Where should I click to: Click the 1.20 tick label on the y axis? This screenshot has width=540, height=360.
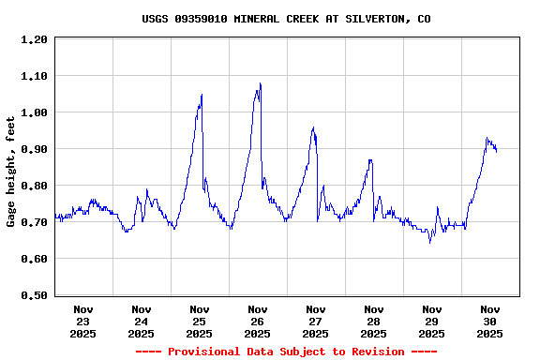34,40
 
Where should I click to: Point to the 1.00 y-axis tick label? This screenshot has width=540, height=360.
34,113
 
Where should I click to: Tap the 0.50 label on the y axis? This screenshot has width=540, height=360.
34,296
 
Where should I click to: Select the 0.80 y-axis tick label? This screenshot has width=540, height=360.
34,187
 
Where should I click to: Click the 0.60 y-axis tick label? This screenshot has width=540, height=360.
34,260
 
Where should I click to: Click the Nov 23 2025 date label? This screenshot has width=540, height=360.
83,321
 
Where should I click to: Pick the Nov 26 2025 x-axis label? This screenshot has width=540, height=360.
258,321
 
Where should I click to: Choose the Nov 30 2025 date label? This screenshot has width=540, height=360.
490,321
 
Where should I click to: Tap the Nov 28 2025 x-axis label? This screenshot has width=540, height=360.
374,321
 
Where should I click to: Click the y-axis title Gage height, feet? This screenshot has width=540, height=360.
11,172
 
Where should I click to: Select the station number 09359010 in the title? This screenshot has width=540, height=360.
201,19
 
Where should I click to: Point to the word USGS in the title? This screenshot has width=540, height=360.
155,19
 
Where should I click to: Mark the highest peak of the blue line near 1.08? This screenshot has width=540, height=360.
260,83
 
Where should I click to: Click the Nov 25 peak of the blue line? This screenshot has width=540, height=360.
202,94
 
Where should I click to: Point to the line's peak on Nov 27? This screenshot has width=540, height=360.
313,127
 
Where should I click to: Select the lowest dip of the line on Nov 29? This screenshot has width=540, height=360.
430,243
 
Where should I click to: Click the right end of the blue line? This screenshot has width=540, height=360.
496,151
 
